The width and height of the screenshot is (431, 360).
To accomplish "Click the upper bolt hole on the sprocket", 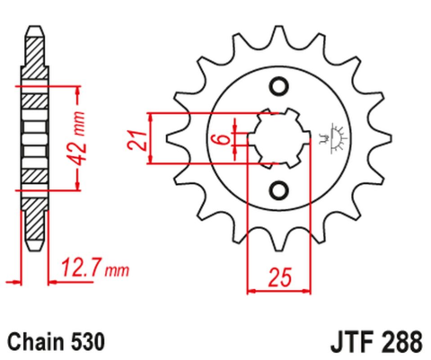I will [278, 86].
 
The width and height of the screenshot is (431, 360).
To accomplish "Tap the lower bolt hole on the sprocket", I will [278, 190].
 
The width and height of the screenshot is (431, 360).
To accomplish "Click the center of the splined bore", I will [278, 139].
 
